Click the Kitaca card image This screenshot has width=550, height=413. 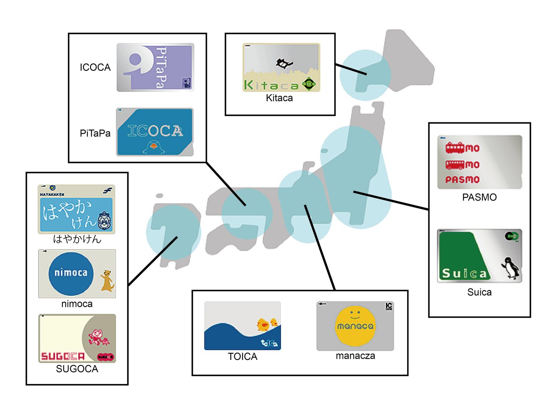click(x=281, y=67)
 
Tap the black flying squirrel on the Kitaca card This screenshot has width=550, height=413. click(x=284, y=63)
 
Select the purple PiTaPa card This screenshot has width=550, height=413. click(x=155, y=67)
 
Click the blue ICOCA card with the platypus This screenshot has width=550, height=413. click(x=155, y=132)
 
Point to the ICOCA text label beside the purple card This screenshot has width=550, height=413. click(x=95, y=67)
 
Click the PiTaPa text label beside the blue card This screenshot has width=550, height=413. click(x=95, y=133)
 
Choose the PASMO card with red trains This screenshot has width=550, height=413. click(x=480, y=162)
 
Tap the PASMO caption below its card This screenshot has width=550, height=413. click(x=479, y=197)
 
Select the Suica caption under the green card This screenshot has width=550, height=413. click(x=479, y=292)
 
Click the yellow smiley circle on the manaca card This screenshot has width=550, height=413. click(x=355, y=326)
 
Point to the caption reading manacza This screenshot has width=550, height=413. click(x=355, y=356)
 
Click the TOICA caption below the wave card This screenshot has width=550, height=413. click(x=242, y=357)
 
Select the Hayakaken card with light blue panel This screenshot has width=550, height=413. click(x=77, y=209)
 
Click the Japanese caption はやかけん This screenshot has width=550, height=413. click(x=77, y=239)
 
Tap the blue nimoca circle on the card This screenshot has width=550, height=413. click(x=71, y=273)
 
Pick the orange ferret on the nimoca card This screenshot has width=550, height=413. click(x=107, y=280)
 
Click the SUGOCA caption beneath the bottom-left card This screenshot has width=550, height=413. click(x=77, y=369)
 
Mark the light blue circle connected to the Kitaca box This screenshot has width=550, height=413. click(x=364, y=75)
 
